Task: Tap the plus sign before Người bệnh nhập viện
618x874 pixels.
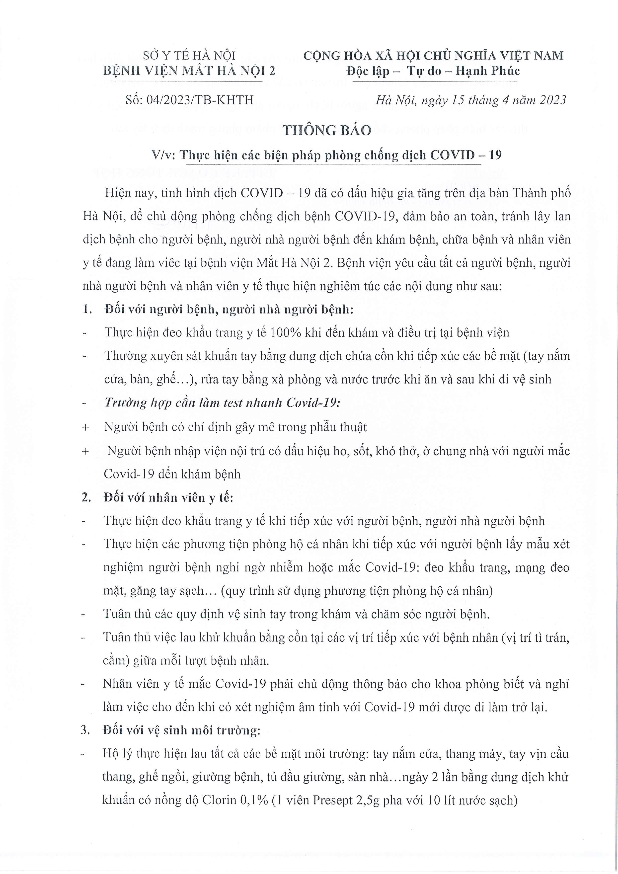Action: click(85, 452)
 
